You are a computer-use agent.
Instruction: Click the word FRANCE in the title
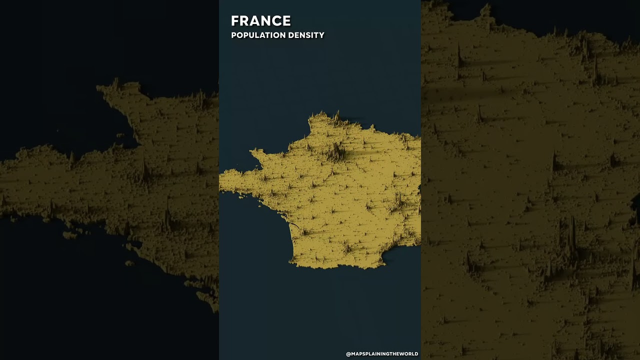[260, 21]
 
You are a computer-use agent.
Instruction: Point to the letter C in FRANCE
[276, 21]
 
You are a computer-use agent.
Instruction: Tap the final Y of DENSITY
[321, 35]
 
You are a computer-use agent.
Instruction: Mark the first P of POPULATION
[233, 35]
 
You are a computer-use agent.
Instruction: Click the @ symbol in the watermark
[348, 354]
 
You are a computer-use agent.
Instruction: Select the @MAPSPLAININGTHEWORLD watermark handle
[382, 354]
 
